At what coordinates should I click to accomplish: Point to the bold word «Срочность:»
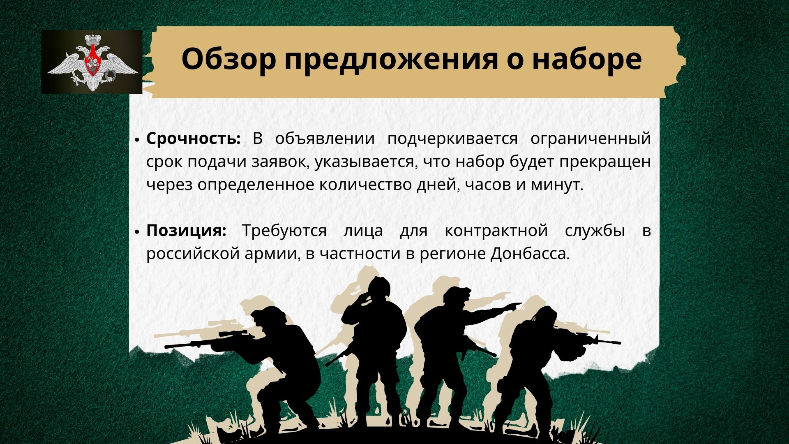coord(193,139)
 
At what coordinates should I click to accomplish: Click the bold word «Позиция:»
coord(187,231)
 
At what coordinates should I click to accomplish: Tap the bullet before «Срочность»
coord(137,140)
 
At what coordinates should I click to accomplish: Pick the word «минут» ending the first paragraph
coord(557,185)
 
